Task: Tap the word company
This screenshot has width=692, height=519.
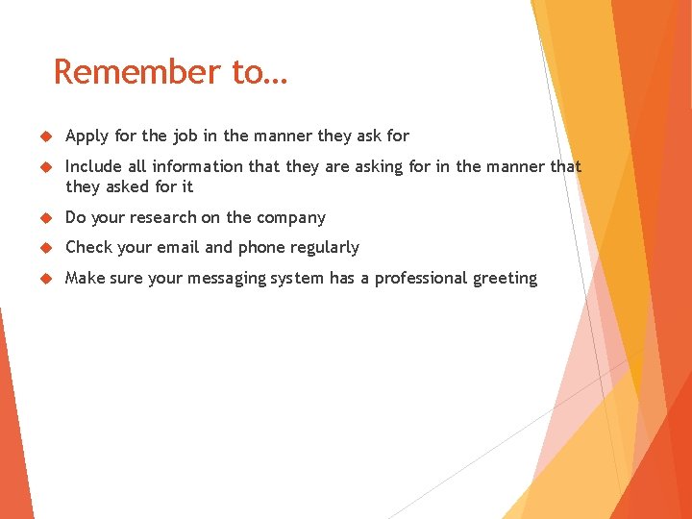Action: (289, 218)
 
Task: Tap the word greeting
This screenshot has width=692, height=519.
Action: (506, 279)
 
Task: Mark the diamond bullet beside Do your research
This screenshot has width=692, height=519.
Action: (41, 218)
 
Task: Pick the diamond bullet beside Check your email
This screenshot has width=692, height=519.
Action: (41, 248)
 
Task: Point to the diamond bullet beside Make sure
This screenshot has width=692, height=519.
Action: (41, 279)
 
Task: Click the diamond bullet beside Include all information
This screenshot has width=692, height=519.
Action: (41, 167)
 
